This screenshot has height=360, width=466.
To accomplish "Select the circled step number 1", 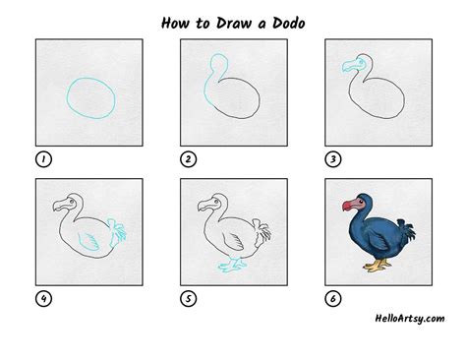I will [x=42, y=158].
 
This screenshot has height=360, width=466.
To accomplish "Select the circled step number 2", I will [x=187, y=158].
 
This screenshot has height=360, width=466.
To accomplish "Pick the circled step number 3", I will [x=331, y=158].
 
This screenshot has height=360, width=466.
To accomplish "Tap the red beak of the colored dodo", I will [x=348, y=206].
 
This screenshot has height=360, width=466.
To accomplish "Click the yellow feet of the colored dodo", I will [x=377, y=266].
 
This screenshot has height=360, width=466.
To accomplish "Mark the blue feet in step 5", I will [x=233, y=265].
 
